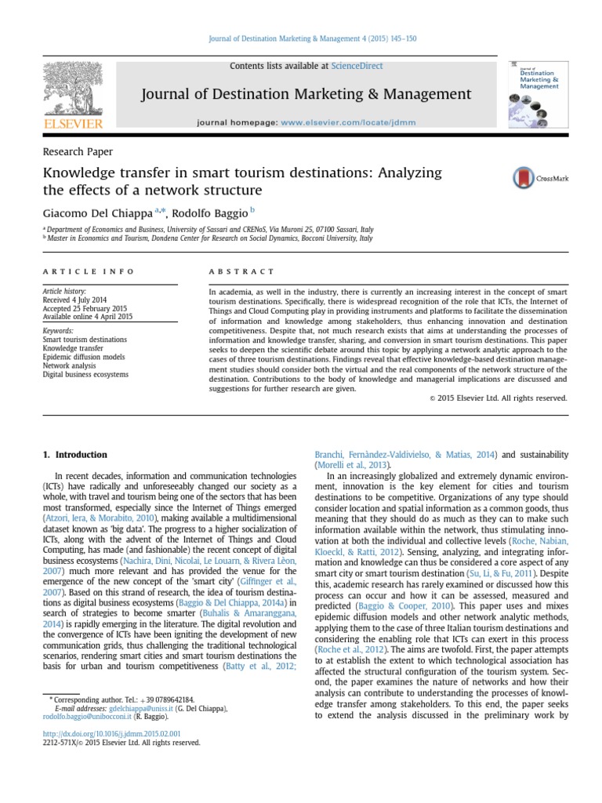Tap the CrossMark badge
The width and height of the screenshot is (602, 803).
pos(541,178)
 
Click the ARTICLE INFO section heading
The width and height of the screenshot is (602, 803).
pos(88,271)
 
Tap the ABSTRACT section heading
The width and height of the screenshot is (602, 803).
pos(241,271)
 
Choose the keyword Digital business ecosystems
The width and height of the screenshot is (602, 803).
pos(85,375)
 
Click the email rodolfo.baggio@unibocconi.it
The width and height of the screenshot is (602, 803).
pos(87,717)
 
